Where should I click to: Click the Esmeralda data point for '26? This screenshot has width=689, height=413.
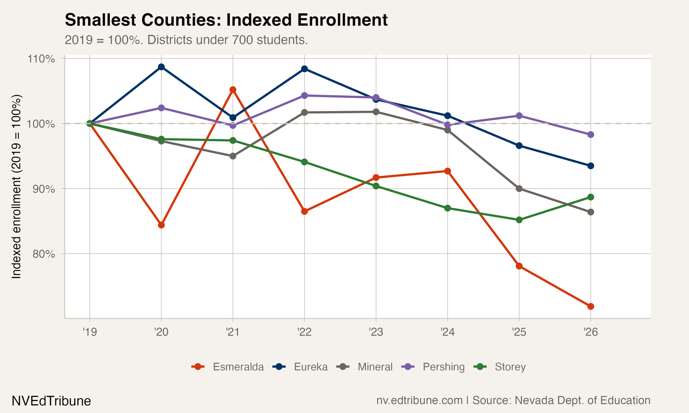tap(590, 306)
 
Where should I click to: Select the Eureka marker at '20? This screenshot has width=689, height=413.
tap(161, 67)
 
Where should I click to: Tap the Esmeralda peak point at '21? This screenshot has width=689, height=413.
tap(233, 90)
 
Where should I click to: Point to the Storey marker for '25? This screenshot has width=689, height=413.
tap(519, 220)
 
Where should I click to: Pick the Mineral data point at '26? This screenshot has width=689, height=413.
tap(590, 212)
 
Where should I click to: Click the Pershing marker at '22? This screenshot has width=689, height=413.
tap(304, 95)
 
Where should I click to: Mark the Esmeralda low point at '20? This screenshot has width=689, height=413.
tap(161, 225)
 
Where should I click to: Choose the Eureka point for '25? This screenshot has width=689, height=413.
tap(519, 145)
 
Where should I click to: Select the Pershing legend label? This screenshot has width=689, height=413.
tap(443, 367)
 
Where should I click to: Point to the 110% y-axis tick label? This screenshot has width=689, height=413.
tap(41, 59)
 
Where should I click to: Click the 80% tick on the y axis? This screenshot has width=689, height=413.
tap(43, 254)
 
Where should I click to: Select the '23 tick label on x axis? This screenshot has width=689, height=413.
tap(376, 332)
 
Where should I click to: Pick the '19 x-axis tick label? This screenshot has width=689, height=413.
tap(90, 332)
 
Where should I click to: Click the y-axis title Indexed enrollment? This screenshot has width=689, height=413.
tap(17, 187)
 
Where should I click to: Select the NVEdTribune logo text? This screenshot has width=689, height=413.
tap(51, 401)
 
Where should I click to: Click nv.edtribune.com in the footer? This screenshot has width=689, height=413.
tap(419, 400)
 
